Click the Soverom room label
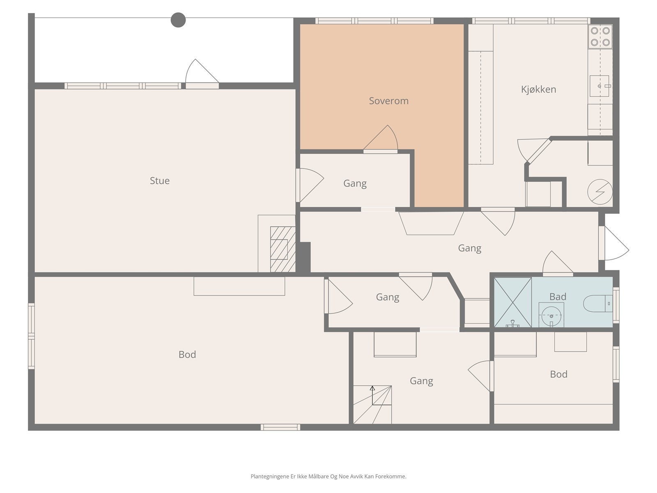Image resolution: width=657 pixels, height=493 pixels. pyautogui.click(x=388, y=101)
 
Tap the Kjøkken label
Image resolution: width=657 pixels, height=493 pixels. pyautogui.click(x=538, y=89)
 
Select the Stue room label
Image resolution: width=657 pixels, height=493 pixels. pyautogui.click(x=160, y=180)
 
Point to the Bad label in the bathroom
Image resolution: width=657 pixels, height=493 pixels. pyautogui.click(x=558, y=297)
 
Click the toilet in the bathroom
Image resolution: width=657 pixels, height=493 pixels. pyautogui.click(x=597, y=304)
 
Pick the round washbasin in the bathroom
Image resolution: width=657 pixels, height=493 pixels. pyautogui.click(x=551, y=316)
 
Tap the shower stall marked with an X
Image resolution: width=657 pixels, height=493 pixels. pyautogui.click(x=513, y=302)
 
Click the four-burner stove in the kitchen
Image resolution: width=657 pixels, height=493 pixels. pyautogui.click(x=600, y=37)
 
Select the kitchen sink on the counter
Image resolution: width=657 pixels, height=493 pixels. pyautogui.click(x=599, y=86)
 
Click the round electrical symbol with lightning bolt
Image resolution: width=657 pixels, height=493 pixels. pyautogui.click(x=600, y=192)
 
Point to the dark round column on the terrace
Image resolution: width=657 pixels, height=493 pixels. pyautogui.click(x=178, y=20)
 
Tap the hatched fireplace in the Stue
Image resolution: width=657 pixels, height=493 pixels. pyautogui.click(x=283, y=249)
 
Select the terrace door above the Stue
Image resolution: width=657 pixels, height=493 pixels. pyautogui.click(x=202, y=74)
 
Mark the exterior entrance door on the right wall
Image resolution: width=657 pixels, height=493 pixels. pyautogui.click(x=613, y=243)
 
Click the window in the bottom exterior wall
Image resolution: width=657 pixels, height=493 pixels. pyautogui.click(x=280, y=427)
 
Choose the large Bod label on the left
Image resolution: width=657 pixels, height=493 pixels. pyautogui.click(x=187, y=355)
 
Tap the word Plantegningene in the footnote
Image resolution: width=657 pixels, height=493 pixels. pyautogui.click(x=270, y=476)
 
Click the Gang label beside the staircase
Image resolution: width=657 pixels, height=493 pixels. pyautogui.click(x=421, y=381)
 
